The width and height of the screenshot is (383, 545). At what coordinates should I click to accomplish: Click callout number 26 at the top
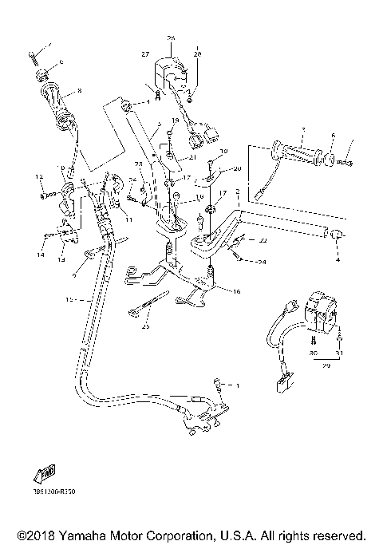170,38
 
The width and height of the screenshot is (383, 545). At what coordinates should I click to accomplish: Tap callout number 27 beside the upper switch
146,53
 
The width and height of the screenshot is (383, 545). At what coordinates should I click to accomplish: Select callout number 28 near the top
198,53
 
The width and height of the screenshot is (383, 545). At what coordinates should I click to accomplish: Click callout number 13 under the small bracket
61,259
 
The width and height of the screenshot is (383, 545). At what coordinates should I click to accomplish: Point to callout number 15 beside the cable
69,300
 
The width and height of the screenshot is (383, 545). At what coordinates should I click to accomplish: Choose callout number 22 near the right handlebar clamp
263,239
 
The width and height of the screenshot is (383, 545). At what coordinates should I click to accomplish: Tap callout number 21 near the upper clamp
192,158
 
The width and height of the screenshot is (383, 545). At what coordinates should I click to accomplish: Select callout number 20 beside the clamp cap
236,169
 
